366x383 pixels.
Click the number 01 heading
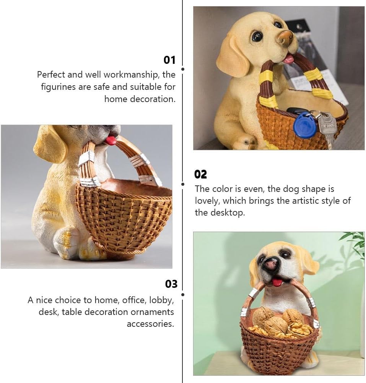point(169,60)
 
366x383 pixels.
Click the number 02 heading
point(200,175)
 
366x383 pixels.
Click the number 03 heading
point(171,284)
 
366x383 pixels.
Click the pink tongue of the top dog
point(289,58)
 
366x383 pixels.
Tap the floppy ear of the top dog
point(233,57)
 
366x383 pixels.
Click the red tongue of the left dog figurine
point(111,140)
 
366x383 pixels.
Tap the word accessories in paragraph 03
point(150,324)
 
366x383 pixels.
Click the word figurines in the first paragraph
point(58,87)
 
